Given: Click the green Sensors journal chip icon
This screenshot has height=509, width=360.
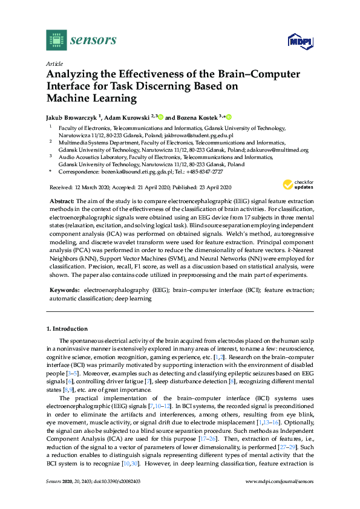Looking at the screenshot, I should tap(56, 40).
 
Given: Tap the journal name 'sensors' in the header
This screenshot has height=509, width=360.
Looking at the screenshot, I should tap(93, 41).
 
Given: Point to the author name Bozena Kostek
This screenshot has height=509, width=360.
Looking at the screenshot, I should tap(198, 117).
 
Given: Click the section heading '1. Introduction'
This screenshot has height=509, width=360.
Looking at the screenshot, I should tap(67, 329).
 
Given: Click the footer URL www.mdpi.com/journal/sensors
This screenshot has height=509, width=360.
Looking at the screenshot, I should tap(281, 498).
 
